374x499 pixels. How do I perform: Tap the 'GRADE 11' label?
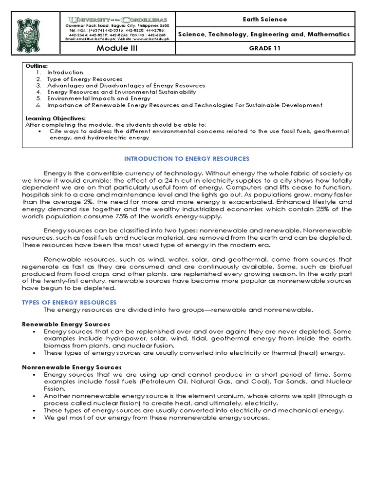pos(264,48)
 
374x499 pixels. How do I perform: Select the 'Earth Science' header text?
pos(264,19)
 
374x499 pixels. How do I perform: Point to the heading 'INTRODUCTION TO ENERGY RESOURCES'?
pos(187,159)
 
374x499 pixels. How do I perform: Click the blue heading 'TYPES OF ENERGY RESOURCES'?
pos(69,303)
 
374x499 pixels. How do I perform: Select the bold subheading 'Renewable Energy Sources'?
pos(66,324)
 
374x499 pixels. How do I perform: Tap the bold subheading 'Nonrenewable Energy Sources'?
pos(72,367)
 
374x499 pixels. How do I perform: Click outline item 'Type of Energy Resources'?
pos(84,79)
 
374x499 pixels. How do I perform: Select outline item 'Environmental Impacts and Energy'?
pos(98,98)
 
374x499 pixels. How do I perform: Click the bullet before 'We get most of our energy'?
pos(34,418)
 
